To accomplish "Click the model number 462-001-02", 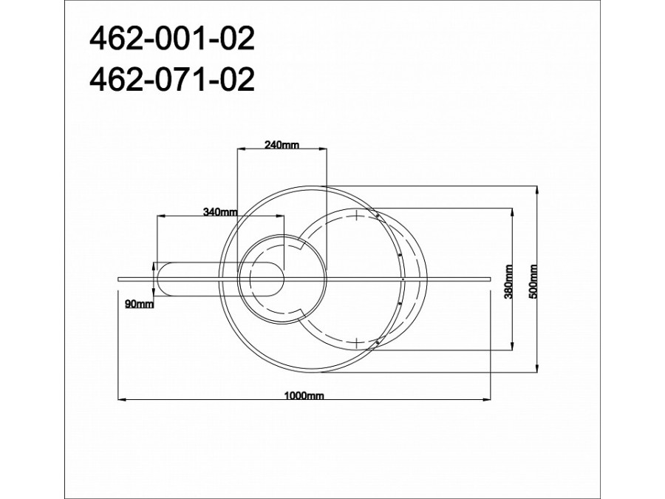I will coord(171,40).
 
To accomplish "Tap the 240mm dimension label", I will coord(281,145).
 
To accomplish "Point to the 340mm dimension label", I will coord(219,212).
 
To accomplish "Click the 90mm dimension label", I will coord(140,304).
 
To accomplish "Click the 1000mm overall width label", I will coord(304,396).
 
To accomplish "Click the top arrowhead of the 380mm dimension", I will coord(511,211).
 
